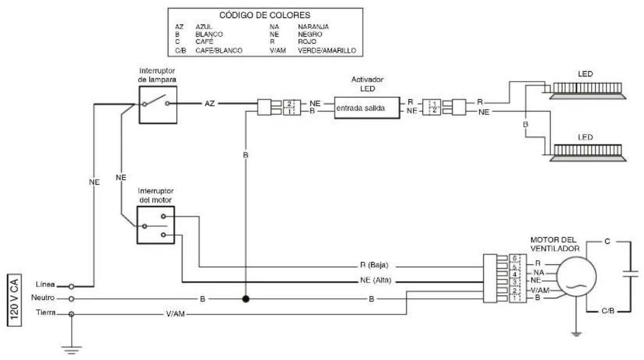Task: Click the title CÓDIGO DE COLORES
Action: [264, 15]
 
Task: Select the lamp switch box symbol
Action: [158, 105]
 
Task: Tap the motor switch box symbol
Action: [156, 225]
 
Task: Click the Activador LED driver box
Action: [367, 108]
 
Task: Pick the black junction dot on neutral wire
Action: [246, 299]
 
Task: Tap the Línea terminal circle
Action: [71, 286]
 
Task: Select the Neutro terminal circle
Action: [71, 299]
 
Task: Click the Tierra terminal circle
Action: [71, 314]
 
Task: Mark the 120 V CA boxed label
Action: [15, 300]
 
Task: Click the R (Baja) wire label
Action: [374, 265]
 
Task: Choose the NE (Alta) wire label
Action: [376, 280]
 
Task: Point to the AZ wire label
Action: [209, 103]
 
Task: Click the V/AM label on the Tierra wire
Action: [176, 314]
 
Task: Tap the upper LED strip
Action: [588, 90]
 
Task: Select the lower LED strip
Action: [588, 152]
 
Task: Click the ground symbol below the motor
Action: [576, 334]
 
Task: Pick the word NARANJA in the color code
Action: [313, 27]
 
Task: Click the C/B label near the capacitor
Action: [608, 310]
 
